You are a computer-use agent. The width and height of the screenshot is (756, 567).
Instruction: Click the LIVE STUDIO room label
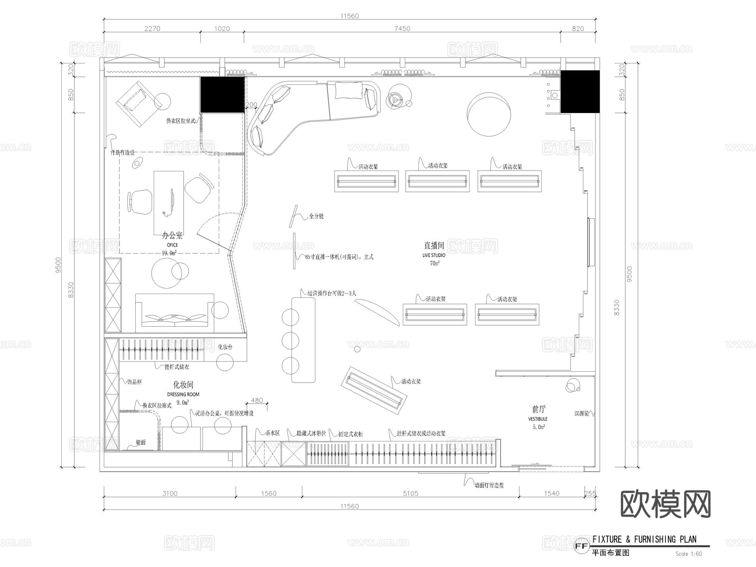(434, 255)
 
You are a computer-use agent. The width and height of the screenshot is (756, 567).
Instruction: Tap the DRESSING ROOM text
(183, 394)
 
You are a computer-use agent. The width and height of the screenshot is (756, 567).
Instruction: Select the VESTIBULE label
(538, 419)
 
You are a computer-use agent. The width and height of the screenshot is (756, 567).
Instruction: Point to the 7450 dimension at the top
(402, 29)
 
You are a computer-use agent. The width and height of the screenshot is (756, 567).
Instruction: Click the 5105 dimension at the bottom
(410, 493)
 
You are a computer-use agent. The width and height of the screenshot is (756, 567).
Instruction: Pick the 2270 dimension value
(152, 29)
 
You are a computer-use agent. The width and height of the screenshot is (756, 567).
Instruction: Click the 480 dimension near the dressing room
(257, 400)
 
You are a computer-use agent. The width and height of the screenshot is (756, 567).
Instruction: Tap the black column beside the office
(222, 94)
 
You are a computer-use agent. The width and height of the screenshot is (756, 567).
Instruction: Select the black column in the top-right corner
(580, 91)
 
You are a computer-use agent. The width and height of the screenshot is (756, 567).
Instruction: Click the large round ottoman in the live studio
(488, 114)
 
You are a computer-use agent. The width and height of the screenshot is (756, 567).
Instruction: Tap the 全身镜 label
(316, 216)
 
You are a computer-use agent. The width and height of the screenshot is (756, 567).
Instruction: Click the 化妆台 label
(225, 347)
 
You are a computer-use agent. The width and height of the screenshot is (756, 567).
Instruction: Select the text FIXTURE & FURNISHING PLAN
(644, 539)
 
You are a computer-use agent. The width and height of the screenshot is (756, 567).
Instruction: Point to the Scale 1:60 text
(688, 554)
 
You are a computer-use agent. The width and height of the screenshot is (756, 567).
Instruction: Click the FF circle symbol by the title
(581, 546)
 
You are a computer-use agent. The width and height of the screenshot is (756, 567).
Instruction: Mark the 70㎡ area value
(434, 263)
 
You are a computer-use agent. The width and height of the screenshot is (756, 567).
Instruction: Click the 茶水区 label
(272, 433)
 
